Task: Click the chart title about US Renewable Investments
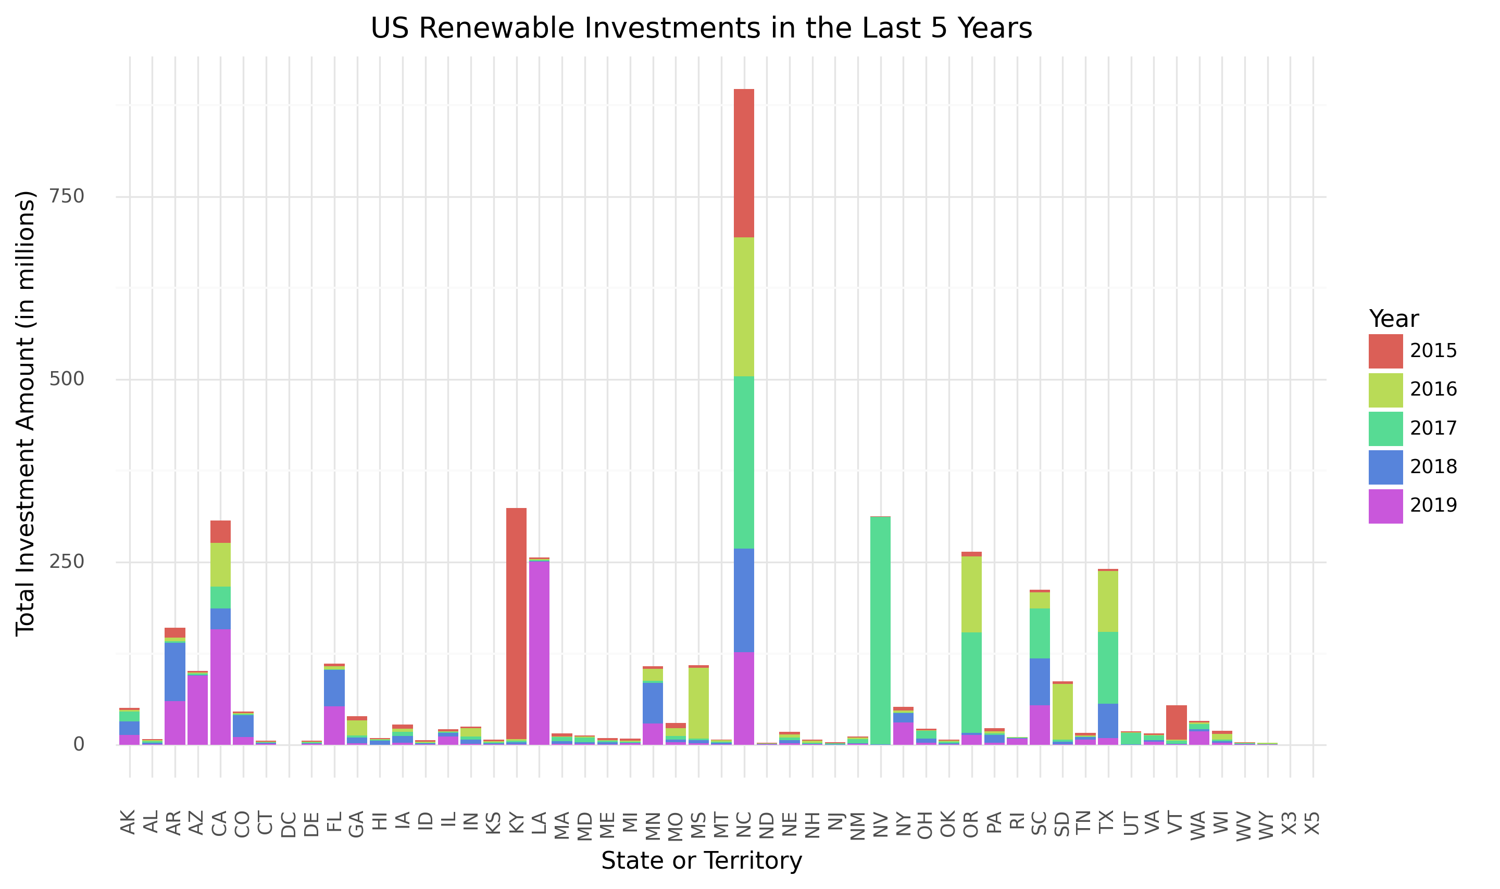[701, 28]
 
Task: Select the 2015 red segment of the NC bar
[744, 163]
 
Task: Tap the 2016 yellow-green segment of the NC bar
[744, 307]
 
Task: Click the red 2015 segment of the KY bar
[516, 623]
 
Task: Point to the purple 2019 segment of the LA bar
[539, 653]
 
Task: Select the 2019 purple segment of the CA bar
[220, 687]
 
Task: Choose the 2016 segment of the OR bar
[971, 594]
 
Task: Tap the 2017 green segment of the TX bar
[1107, 667]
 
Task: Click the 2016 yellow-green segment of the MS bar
[698, 703]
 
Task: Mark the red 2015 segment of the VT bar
[1176, 722]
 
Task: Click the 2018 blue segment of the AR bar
[174, 671]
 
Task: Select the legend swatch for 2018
[1385, 467]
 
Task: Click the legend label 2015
[1433, 351]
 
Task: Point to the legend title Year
[1393, 319]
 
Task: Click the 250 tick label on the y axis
[67, 562]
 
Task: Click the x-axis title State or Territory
[701, 861]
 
